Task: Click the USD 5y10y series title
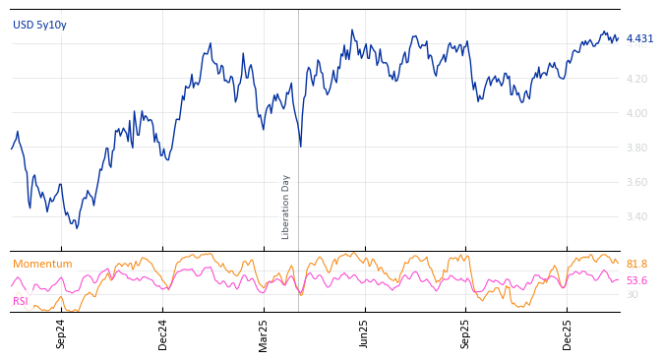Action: [39, 26]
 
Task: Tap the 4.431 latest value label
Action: [639, 39]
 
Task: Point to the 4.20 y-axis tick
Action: [636, 79]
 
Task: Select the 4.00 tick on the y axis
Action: [636, 113]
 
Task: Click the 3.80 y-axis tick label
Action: [636, 148]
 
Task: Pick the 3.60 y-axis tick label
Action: [636, 182]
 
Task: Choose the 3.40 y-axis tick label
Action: [636, 216]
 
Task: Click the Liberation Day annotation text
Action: [286, 207]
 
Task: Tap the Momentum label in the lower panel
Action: [42, 265]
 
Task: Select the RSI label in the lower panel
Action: [21, 301]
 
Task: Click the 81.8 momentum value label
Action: [636, 265]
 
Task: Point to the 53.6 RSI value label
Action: [636, 281]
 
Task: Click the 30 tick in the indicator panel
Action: [632, 295]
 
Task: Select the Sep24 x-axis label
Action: [61, 333]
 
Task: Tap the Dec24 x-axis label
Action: [163, 333]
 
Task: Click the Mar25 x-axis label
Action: [264, 333]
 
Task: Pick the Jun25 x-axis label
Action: [365, 333]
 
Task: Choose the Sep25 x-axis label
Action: [466, 333]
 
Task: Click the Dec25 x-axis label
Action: [568, 333]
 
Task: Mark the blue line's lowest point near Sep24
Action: [77, 228]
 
